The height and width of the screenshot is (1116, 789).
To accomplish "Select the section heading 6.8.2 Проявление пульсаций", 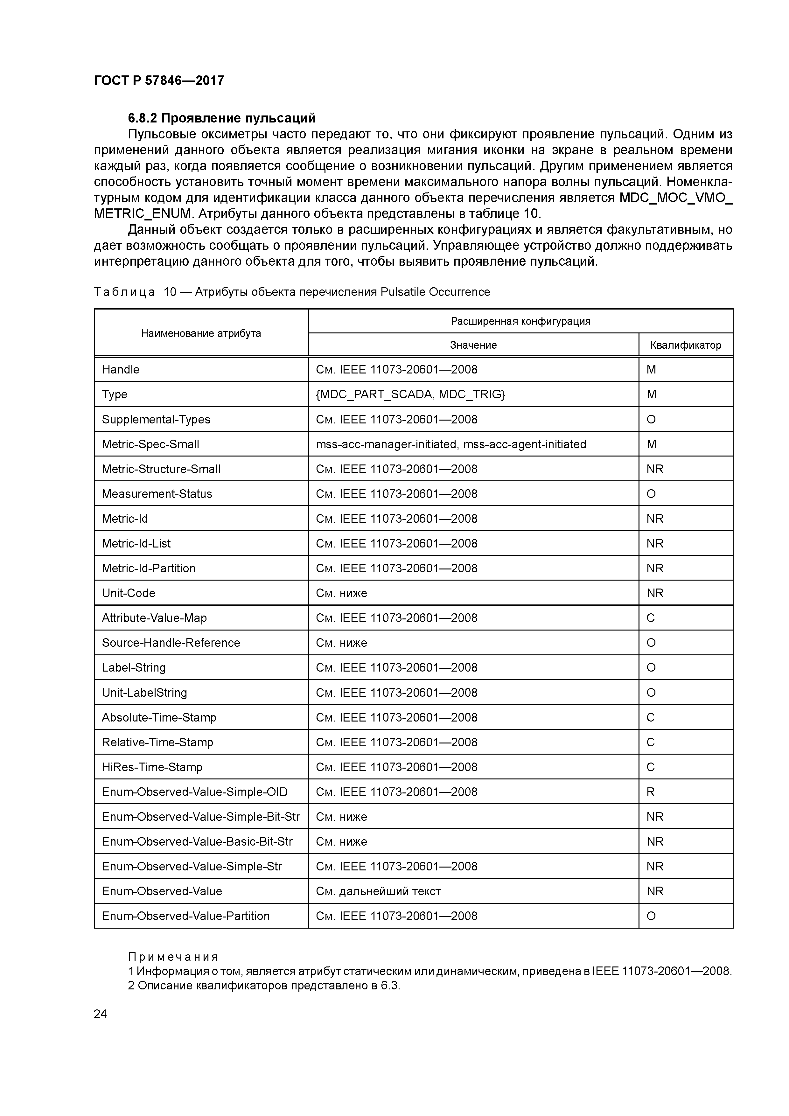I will [222, 118].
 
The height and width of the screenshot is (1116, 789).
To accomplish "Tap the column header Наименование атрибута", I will [201, 333].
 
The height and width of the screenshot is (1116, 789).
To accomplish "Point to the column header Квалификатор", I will [686, 345].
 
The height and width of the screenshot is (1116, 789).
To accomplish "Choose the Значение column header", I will [473, 345].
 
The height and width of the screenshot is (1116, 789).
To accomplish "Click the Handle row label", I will [121, 369].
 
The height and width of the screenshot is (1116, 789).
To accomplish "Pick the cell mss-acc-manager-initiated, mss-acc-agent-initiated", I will [450, 444].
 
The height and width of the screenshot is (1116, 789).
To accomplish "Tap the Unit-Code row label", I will [128, 593].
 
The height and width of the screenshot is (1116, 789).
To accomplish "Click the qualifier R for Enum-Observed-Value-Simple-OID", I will [651, 792].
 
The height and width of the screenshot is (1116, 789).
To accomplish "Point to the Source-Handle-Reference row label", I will [171, 643].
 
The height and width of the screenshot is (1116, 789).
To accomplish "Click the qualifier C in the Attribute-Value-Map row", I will [651, 618].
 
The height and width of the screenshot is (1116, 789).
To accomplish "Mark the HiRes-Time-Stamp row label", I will [152, 767].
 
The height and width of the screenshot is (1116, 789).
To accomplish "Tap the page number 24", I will [100, 1014].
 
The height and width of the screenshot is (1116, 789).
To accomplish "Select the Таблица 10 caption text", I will [292, 292].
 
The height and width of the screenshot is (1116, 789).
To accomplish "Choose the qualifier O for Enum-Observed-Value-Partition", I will [651, 916].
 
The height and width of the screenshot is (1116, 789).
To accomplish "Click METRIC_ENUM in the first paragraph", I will [144, 214].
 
